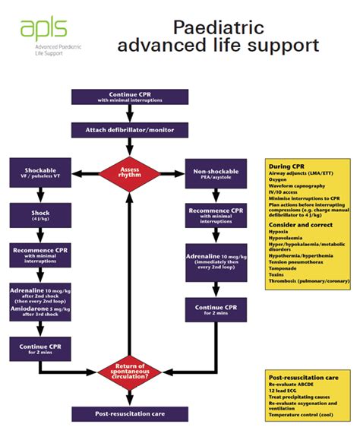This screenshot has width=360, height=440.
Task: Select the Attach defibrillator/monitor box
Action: click(129, 130)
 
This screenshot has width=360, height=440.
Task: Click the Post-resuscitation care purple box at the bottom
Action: click(129, 414)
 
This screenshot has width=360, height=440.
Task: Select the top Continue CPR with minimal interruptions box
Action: click(129, 97)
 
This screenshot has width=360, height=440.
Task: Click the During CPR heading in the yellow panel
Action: click(286, 166)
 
